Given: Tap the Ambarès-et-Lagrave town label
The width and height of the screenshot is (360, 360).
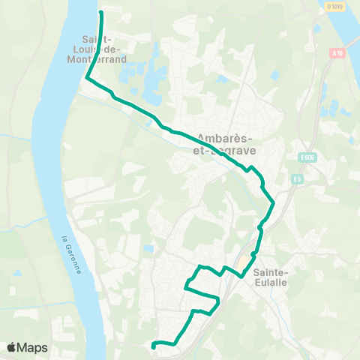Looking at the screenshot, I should click(x=225, y=143).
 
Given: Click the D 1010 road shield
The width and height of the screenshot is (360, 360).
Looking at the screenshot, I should click(x=334, y=7).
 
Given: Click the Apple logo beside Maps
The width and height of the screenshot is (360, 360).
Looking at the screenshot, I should click(x=12, y=347).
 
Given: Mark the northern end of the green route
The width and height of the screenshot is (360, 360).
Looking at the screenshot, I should click(x=100, y=13).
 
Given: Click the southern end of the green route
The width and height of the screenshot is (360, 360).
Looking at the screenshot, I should click(x=153, y=346).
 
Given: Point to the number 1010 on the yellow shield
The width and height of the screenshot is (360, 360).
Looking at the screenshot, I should click(x=337, y=7).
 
